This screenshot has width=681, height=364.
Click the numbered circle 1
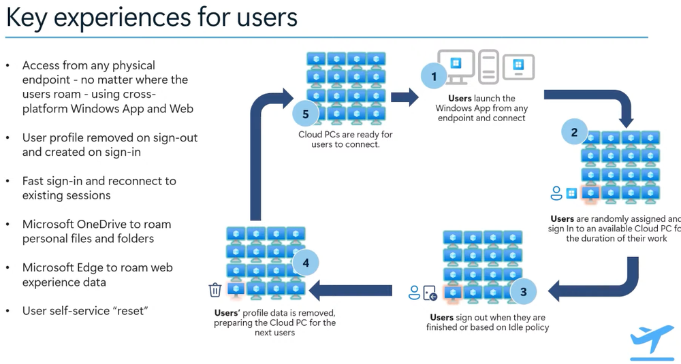(x=434, y=76)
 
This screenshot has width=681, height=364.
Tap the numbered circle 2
(x=574, y=133)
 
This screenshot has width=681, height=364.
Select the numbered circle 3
(x=523, y=292)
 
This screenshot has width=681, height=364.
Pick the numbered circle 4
(x=305, y=261)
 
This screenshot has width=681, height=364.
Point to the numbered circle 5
(x=305, y=114)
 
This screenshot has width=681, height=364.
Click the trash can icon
(x=215, y=290)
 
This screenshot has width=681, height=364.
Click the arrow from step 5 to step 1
(x=405, y=97)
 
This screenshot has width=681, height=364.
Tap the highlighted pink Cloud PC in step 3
(x=452, y=292)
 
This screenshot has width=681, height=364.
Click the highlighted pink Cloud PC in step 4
(x=236, y=289)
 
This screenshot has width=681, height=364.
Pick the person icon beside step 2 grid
(x=556, y=193)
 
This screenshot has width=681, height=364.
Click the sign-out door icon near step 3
(x=430, y=293)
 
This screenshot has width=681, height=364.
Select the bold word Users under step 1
(x=460, y=99)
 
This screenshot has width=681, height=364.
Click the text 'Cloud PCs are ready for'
(x=345, y=134)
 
